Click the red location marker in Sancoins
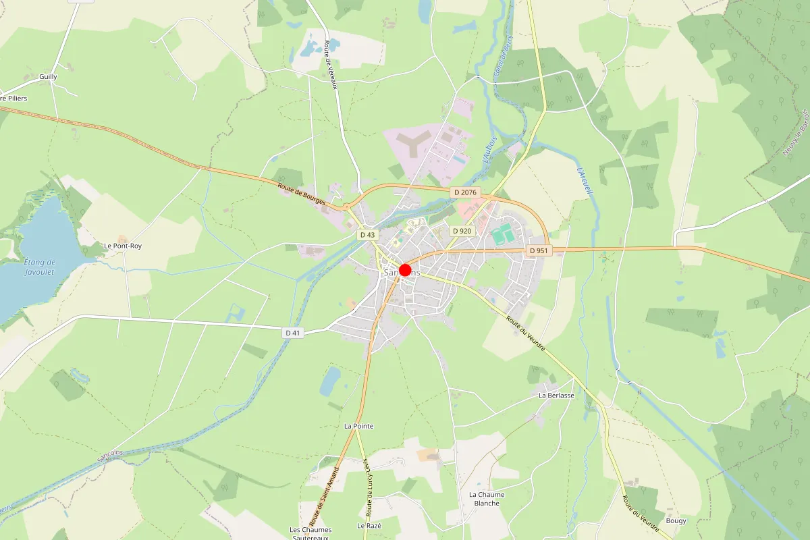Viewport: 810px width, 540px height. (x=405, y=271)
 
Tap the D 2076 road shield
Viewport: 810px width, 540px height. (x=466, y=193)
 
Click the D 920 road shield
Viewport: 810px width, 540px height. (x=462, y=231)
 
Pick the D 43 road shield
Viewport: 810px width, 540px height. (x=367, y=235)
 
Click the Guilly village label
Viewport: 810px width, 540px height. (x=49, y=77)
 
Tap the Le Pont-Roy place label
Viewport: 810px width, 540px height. (x=123, y=246)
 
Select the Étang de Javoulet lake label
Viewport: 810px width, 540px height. (x=39, y=267)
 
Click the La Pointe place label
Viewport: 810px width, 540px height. (x=358, y=427)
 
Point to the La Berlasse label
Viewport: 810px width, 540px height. (x=556, y=396)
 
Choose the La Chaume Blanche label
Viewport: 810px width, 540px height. (x=487, y=499)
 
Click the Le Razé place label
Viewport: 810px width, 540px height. (x=369, y=525)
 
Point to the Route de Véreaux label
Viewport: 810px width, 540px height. (x=330, y=65)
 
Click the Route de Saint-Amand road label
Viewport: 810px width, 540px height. (x=324, y=492)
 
